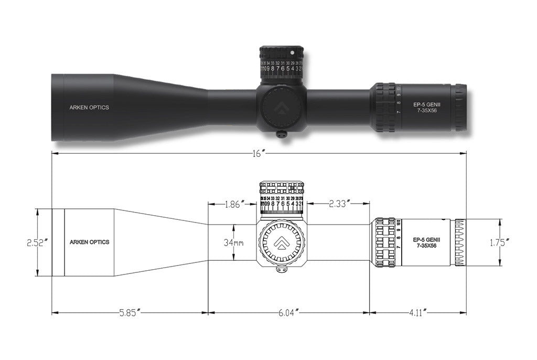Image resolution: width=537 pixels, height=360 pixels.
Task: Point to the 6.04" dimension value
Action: point(289,313)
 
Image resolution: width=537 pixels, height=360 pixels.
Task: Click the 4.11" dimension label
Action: point(418,313)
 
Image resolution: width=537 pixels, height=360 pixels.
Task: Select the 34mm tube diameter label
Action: point(234,242)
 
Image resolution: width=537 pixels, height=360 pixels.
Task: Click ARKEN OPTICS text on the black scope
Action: point(89,108)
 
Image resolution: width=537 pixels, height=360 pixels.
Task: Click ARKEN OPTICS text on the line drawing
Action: point(89,242)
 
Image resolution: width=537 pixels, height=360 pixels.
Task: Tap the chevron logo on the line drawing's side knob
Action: point(282,242)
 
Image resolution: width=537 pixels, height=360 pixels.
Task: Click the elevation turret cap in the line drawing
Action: point(282,188)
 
